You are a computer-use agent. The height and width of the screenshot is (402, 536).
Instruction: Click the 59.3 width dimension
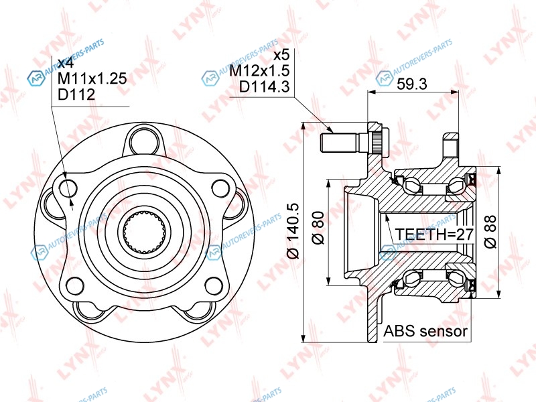(x=411, y=84)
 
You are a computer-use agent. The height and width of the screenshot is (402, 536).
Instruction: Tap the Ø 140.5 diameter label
(x=293, y=231)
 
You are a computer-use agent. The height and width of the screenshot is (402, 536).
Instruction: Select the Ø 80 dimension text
(x=318, y=228)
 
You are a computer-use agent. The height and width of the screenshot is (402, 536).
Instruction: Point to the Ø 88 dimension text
(x=490, y=232)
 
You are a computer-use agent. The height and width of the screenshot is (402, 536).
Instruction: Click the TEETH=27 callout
(x=434, y=234)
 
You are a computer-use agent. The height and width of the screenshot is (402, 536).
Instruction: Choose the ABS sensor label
(x=425, y=330)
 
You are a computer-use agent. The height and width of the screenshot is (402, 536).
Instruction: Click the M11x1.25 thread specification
(x=92, y=78)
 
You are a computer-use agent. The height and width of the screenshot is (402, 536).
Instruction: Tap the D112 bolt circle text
(x=76, y=94)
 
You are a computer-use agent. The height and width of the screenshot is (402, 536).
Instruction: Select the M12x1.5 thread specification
(x=259, y=70)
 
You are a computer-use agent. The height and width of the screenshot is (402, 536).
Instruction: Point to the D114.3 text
(x=264, y=86)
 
